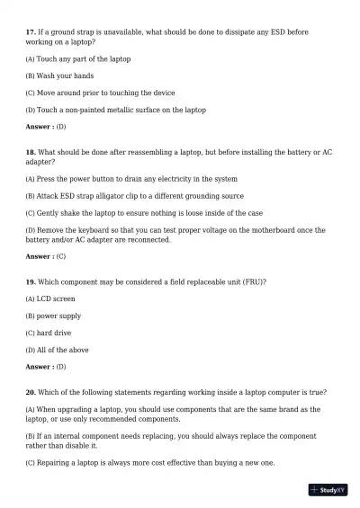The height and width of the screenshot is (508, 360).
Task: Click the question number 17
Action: pos(31,32)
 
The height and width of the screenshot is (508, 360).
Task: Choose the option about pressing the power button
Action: pos(131,179)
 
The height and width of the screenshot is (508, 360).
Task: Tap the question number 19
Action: pos(31,281)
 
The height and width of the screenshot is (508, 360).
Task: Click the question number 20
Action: pos(31,393)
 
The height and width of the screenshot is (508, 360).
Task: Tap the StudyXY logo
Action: pos(328,490)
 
